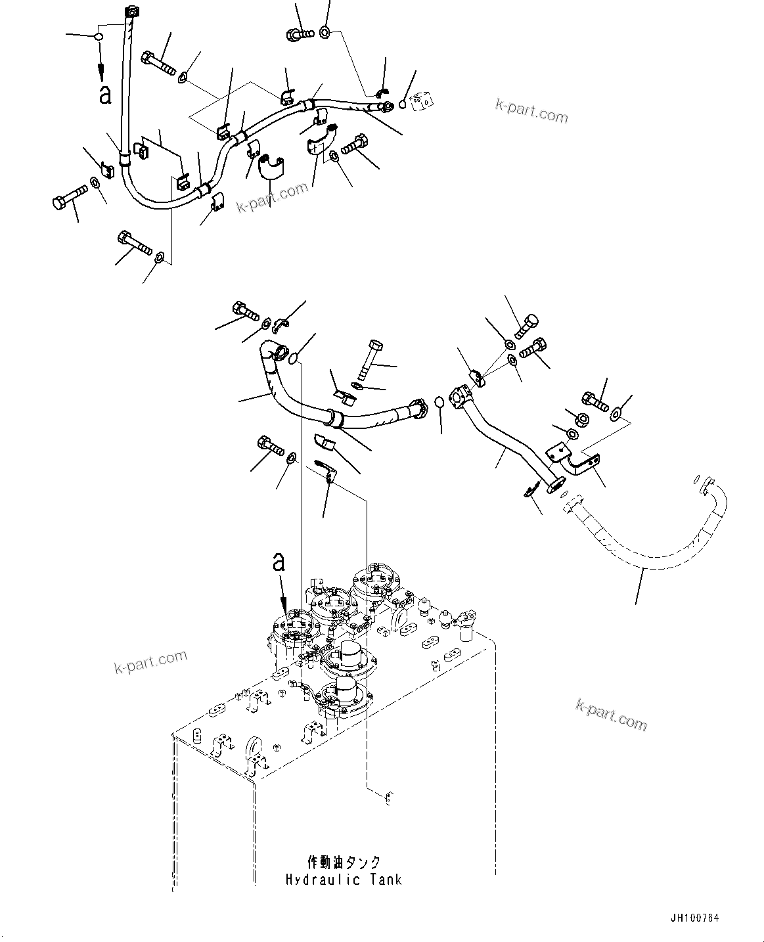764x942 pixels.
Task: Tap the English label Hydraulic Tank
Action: pos(344,879)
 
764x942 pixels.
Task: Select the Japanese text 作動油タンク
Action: pos(344,862)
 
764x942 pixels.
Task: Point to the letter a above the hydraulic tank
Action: pos(280,562)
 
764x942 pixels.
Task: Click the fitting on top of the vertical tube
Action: pos(131,12)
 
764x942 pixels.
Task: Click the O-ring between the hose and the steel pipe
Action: pos(439,401)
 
